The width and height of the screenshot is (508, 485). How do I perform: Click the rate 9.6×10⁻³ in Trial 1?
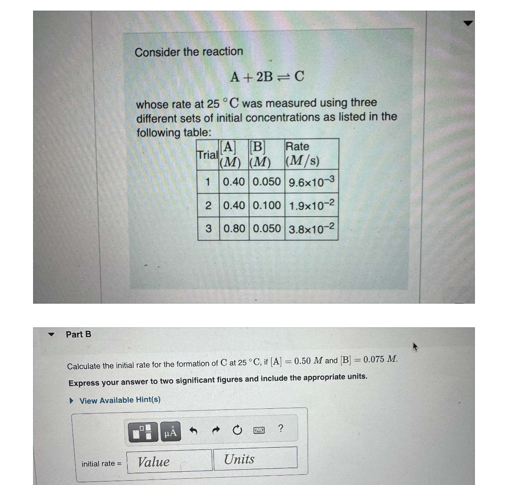311,182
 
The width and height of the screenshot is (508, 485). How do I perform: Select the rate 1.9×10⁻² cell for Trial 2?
311,205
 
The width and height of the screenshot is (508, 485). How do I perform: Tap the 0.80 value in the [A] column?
234,229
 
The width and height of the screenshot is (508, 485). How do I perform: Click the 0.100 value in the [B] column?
267,205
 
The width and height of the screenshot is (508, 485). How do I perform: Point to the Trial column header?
207,155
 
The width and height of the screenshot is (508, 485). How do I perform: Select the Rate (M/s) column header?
302,154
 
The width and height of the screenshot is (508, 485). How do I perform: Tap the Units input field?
255,459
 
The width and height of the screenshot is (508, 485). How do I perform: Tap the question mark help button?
280,428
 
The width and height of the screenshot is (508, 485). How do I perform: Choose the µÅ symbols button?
171,432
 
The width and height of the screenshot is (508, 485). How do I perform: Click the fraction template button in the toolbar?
143,432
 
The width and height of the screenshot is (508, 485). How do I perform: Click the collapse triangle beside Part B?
51,334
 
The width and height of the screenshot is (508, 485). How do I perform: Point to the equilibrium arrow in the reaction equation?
284,77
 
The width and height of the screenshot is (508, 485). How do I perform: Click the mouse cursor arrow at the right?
415,347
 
